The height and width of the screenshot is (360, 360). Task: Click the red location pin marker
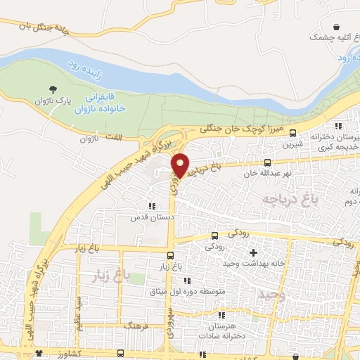pyautogui.click(x=181, y=166)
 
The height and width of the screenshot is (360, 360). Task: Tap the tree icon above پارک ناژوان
pyautogui.click(x=53, y=89)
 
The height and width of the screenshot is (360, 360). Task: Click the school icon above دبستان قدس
pyautogui.click(x=151, y=207)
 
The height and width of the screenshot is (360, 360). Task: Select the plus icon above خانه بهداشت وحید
pyautogui.click(x=254, y=252)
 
